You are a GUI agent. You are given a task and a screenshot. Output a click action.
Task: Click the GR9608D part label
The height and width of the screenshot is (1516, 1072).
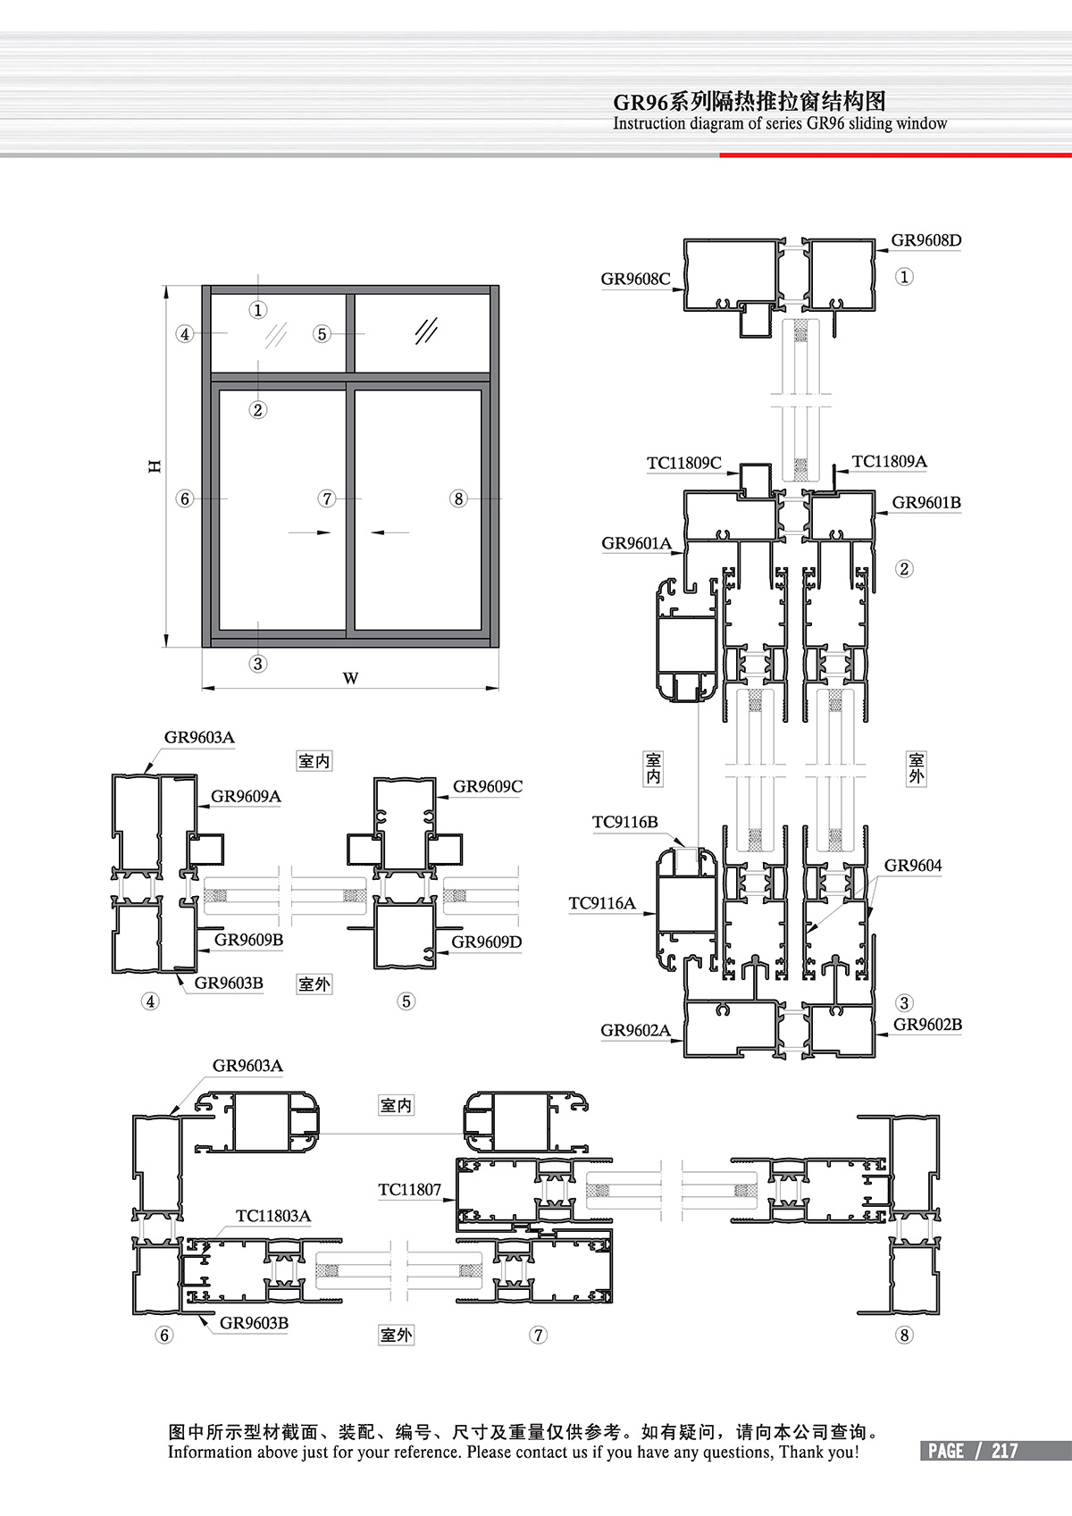[x=925, y=240]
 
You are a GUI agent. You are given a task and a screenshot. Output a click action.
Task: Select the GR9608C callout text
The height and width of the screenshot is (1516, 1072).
[x=635, y=279]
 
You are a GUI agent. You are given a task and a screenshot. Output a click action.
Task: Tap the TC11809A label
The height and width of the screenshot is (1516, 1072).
[x=889, y=462]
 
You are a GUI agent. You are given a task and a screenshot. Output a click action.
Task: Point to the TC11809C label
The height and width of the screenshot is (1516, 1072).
[x=684, y=463]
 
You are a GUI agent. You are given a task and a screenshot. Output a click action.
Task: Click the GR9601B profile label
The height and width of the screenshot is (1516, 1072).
[x=926, y=502]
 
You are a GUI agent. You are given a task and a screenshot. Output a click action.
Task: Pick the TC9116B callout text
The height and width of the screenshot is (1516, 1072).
[x=624, y=822]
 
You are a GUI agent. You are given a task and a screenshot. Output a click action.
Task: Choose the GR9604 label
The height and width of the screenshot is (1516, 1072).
[x=913, y=865]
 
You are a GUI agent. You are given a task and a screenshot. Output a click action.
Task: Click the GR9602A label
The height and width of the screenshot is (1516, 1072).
[x=635, y=1030]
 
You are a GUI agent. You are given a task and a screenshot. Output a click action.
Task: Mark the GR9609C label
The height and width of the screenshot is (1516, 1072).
[x=487, y=786]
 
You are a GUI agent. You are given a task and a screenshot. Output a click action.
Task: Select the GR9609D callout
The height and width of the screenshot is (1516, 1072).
[x=487, y=942]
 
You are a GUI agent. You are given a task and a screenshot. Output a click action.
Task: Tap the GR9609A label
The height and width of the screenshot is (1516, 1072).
[x=246, y=796]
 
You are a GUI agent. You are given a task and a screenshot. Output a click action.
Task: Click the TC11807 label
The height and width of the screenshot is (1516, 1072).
[x=409, y=1189]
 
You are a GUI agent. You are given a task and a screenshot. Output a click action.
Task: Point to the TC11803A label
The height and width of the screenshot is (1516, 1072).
[x=273, y=1216]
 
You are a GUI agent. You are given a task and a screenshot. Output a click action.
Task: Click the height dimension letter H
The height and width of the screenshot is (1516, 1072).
[x=155, y=466]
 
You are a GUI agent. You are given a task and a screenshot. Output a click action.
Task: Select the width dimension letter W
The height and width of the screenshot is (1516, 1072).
[x=350, y=678]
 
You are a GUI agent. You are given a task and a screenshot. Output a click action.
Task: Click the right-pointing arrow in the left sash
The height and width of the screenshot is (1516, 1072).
[x=309, y=532]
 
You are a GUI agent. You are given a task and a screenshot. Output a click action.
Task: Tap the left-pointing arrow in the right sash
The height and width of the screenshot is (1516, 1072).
[x=389, y=532]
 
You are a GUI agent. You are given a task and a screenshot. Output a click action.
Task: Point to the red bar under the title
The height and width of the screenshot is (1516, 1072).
[x=895, y=155]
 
